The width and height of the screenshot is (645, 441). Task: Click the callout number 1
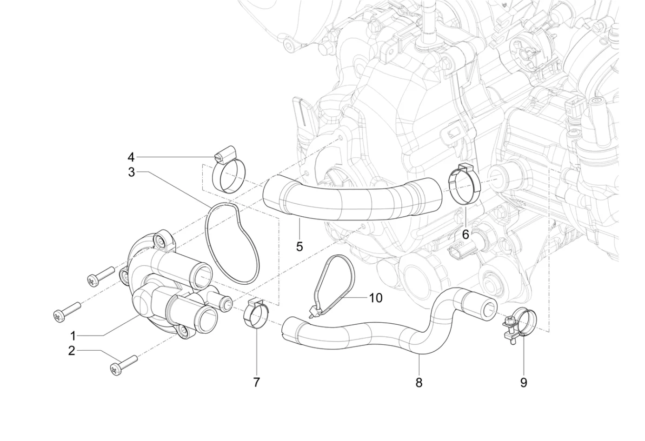[x=73, y=336]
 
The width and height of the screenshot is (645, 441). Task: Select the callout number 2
[x=72, y=351]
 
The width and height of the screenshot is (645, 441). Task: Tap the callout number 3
[x=131, y=172]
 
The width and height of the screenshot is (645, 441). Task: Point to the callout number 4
[x=131, y=157]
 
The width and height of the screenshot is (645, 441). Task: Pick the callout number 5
[x=299, y=247]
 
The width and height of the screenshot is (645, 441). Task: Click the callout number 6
[x=465, y=234]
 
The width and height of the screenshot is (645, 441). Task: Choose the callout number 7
[x=256, y=382]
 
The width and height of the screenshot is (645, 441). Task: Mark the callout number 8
[x=419, y=382]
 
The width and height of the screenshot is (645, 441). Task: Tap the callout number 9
[x=524, y=382]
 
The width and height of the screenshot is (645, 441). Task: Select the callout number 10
[x=375, y=298]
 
